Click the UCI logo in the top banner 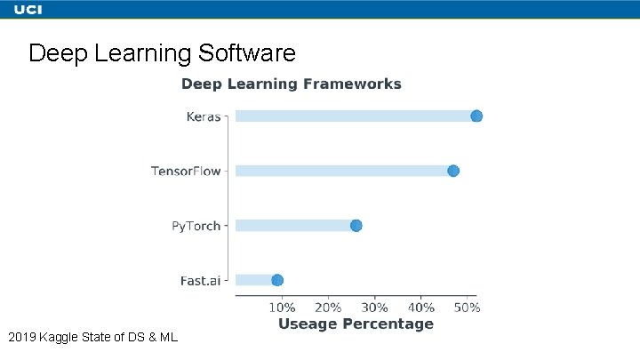click(28, 10)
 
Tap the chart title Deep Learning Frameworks click(292, 84)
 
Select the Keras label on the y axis click(203, 116)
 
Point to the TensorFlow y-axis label click(185, 171)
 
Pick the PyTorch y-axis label click(196, 226)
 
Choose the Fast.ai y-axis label click(200, 281)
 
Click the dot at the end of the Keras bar click(476, 116)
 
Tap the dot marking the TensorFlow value click(453, 171)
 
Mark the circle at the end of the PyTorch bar click(356, 226)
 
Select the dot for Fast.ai click(277, 280)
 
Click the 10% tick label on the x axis click(282, 308)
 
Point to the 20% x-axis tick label click(328, 308)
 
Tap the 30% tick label click(374, 308)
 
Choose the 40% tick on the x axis click(420, 308)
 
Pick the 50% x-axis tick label click(467, 308)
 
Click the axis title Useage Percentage click(356, 324)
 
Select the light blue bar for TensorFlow click(342, 171)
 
